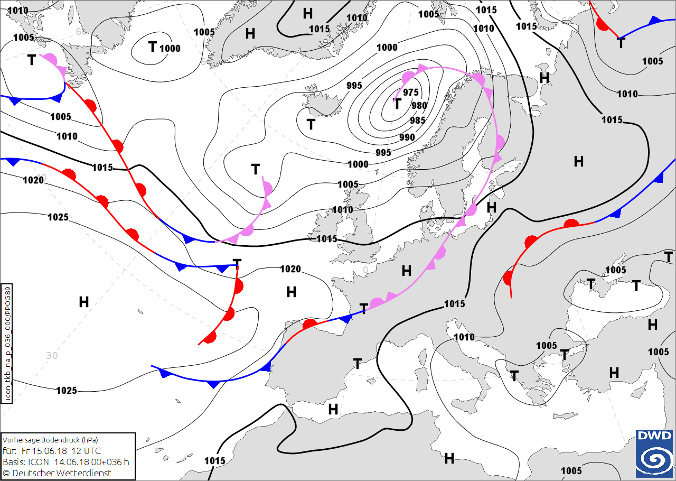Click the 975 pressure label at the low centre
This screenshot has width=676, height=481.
tap(410, 92)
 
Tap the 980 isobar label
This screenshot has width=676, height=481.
tap(419, 106)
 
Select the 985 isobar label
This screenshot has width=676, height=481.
tap(417, 120)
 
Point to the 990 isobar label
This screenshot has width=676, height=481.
tap(407, 137)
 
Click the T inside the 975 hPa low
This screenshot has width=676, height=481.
tap(398, 104)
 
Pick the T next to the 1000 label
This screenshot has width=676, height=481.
tap(153, 47)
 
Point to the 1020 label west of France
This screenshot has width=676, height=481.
tap(290, 269)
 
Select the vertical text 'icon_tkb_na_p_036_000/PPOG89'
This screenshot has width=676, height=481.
tap(6, 344)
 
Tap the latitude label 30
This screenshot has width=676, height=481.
tap(51, 355)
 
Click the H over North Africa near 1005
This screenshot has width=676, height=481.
tap(449, 458)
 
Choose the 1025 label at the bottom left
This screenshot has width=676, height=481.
tap(67, 391)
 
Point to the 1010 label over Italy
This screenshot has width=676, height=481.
tap(464, 337)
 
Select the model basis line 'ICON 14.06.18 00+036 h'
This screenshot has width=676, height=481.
tap(66, 462)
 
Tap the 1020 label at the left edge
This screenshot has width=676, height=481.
tap(33, 180)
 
